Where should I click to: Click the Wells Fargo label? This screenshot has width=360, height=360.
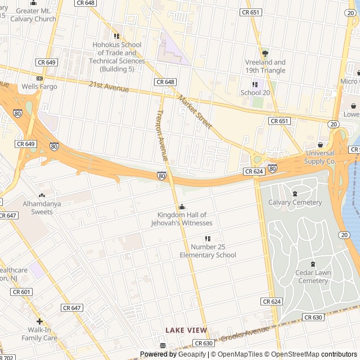point(39,87)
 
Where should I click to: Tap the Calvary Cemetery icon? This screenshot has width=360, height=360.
point(295,193)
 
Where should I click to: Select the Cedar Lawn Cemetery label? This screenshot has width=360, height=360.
point(313,277)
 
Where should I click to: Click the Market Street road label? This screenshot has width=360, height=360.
point(195,111)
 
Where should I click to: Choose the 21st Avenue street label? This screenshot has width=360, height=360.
point(109,86)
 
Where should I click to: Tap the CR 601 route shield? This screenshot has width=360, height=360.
point(21,292)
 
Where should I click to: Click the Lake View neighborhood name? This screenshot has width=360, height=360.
point(186,330)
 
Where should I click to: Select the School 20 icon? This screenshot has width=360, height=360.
point(255,84)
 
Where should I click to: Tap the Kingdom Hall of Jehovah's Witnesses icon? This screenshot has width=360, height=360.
point(182,206)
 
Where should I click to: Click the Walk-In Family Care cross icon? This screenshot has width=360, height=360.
point(39,321)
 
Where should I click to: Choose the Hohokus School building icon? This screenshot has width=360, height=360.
point(117,37)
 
